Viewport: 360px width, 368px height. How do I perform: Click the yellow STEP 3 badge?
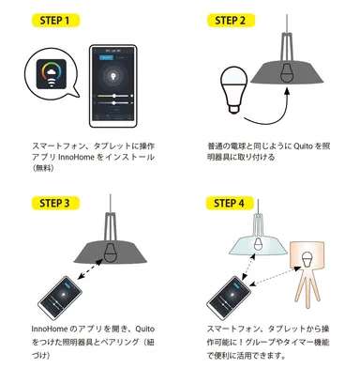click(x=53, y=201)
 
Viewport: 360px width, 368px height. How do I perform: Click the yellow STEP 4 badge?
click(x=232, y=201)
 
